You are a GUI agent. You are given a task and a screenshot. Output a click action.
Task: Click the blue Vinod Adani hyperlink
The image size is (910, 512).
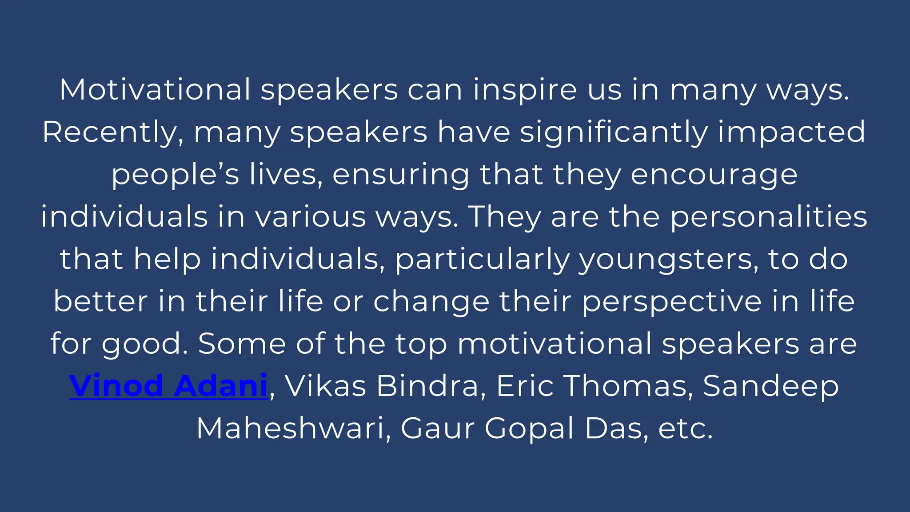click(x=168, y=386)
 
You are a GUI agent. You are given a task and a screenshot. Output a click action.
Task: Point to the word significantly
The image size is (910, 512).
click(x=614, y=132)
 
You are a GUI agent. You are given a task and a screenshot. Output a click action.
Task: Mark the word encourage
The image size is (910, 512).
click(x=714, y=175)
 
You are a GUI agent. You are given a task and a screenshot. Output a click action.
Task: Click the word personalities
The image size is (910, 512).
click(x=769, y=217)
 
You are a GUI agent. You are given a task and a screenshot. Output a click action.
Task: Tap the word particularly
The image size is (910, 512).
click(x=483, y=260)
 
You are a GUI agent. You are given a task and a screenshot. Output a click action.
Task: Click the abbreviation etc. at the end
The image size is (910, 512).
click(x=685, y=428)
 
